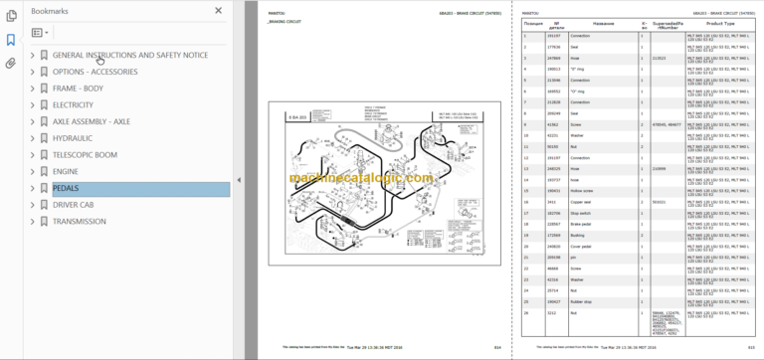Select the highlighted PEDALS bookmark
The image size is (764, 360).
click(66, 187)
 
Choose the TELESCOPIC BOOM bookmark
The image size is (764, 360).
click(85, 154)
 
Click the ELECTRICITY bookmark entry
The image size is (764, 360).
click(73, 104)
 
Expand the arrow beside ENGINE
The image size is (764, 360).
click(33, 171)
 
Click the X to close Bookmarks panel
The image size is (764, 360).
click(219, 10)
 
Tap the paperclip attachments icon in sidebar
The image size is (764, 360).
click(11, 63)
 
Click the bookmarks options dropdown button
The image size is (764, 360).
click(40, 32)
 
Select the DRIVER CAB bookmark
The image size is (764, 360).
click(77, 204)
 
